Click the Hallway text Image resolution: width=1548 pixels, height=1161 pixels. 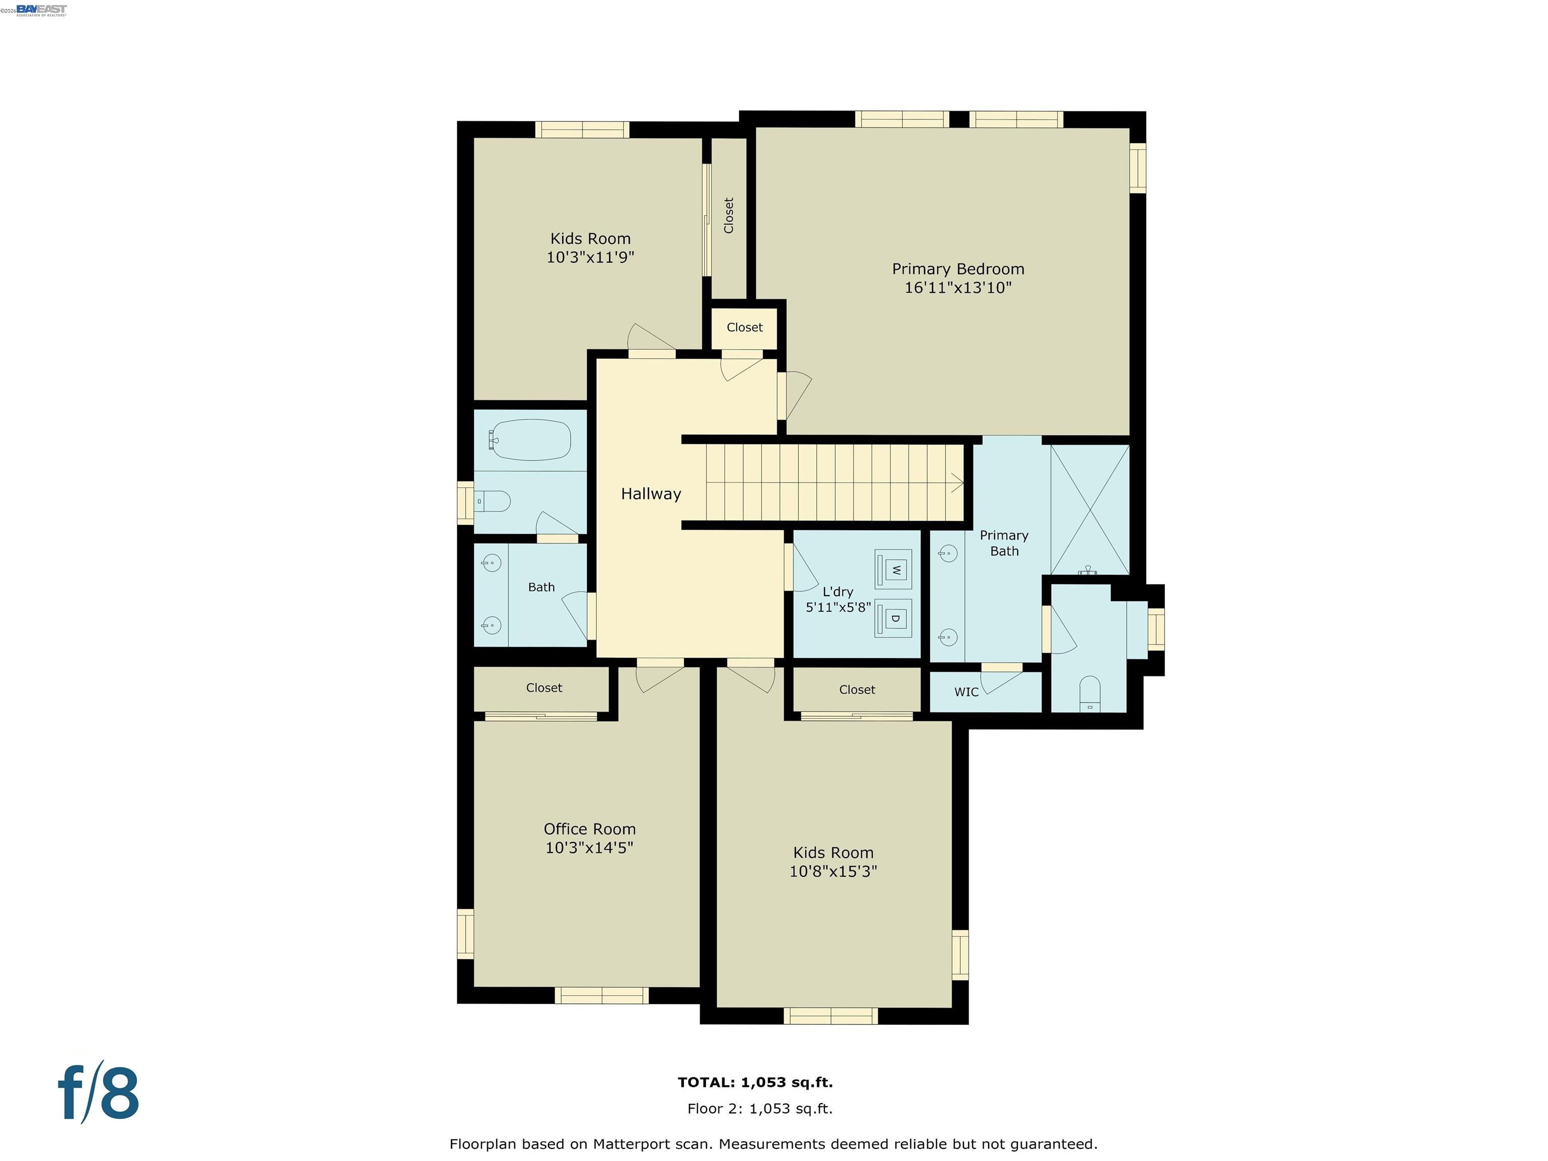pos(651,494)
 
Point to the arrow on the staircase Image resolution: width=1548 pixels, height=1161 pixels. pos(956,483)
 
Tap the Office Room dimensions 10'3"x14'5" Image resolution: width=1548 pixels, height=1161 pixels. pos(589,848)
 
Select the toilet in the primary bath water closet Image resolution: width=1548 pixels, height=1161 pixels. pos(1089,692)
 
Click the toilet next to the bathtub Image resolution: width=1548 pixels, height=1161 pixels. pos(493,501)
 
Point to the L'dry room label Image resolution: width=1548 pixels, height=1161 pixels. pos(837,592)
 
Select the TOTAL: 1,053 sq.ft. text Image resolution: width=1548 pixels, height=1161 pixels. pos(755,1082)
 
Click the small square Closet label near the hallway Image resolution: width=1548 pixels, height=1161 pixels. pos(744,328)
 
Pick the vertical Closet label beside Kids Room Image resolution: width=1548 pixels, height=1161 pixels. pos(729,216)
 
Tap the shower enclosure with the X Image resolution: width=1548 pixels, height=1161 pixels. pos(1089,509)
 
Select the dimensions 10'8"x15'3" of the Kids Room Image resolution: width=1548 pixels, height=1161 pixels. pos(833,871)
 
